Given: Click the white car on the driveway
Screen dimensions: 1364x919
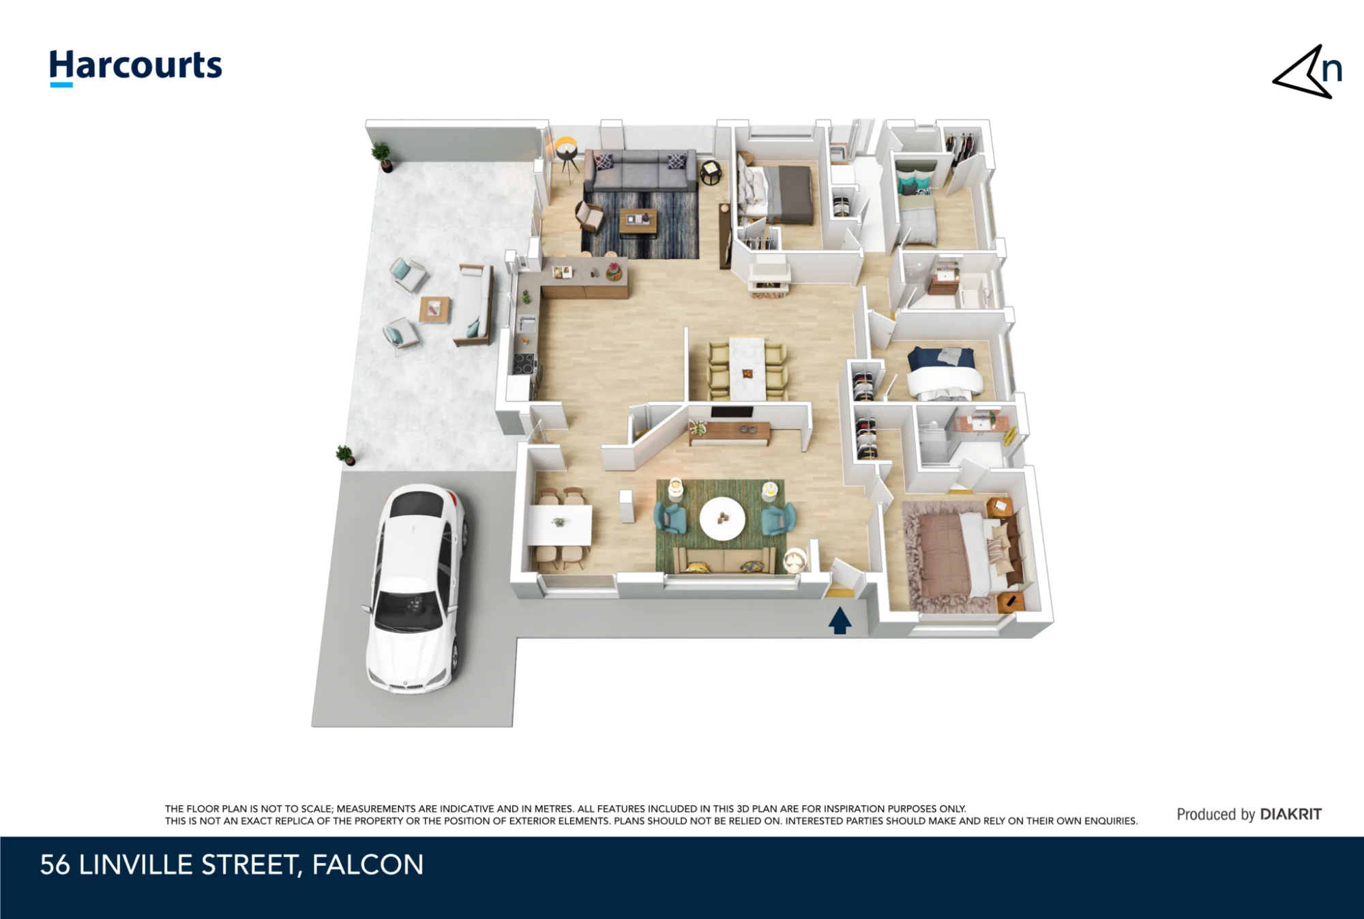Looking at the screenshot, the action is click(x=417, y=588).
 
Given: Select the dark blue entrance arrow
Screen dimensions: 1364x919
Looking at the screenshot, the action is click(x=840, y=620).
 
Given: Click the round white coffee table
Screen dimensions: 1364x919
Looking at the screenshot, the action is click(x=722, y=518).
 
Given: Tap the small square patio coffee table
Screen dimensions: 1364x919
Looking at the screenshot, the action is click(x=434, y=310).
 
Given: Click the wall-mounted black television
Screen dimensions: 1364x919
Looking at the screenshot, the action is click(x=732, y=412).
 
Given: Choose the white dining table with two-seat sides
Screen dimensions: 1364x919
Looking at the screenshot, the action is click(x=561, y=525).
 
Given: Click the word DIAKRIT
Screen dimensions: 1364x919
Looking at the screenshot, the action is click(x=1290, y=814).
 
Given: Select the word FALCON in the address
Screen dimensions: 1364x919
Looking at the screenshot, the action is click(x=368, y=865).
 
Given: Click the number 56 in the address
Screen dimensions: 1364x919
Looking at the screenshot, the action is click(x=55, y=865).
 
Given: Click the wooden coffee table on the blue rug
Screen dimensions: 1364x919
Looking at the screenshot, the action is click(x=638, y=222).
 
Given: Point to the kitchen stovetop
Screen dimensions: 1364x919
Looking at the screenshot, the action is click(x=524, y=364).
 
